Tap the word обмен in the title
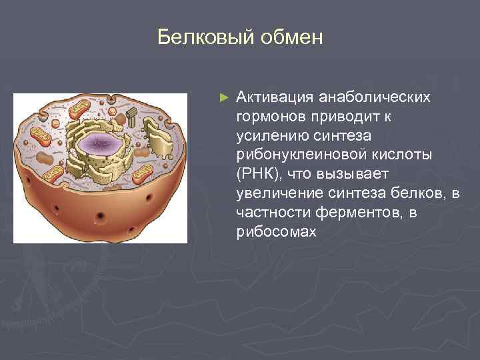click(290, 37)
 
